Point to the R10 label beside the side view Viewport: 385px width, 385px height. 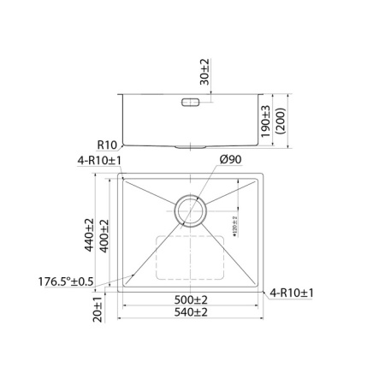(x=106, y=145)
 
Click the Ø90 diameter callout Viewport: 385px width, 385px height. (x=229, y=159)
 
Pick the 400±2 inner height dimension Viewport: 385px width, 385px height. (x=104, y=235)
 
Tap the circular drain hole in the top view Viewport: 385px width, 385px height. (x=190, y=210)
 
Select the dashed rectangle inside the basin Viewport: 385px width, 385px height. (x=189, y=258)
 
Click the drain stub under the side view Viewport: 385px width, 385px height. (x=189, y=147)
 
